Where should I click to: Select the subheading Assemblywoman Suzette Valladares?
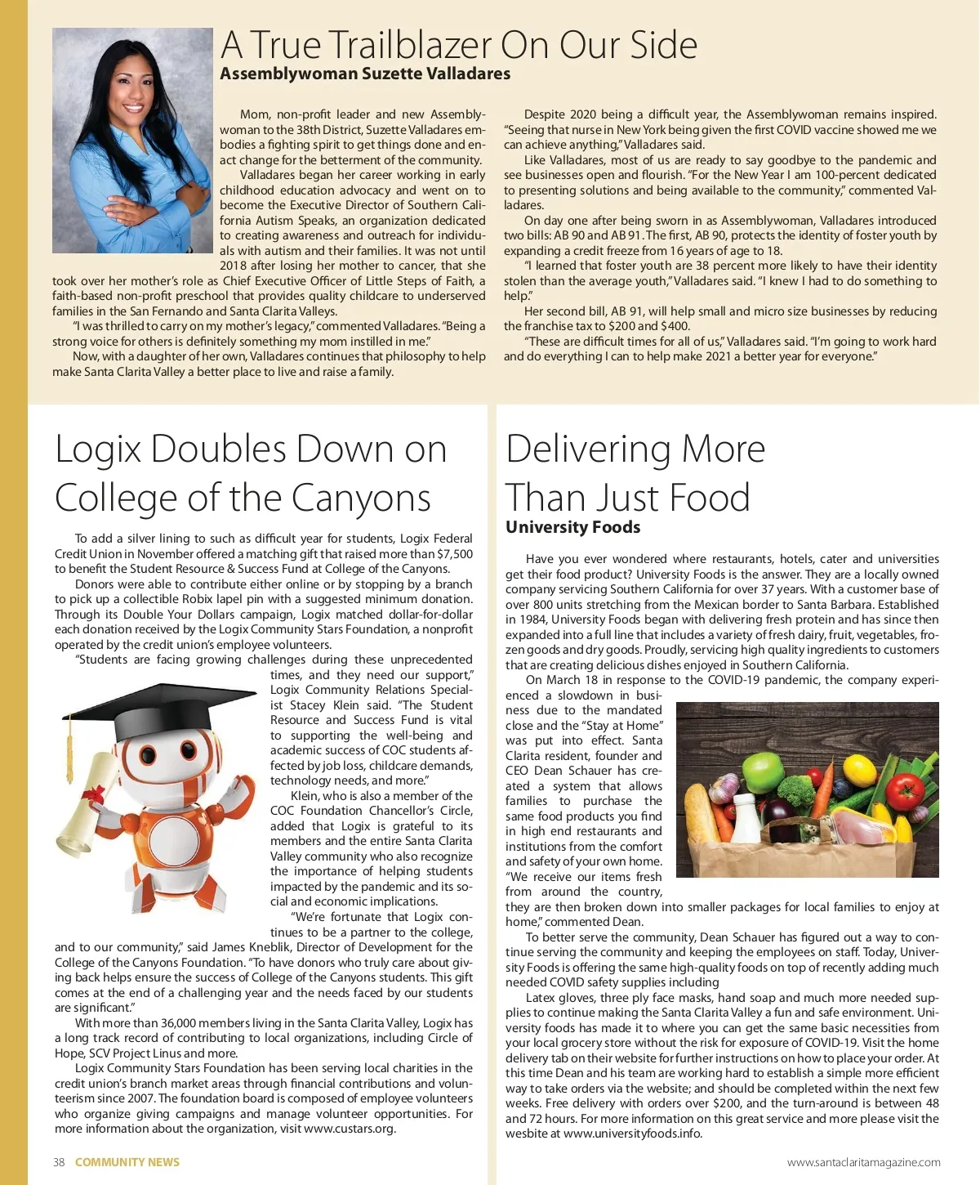(365, 74)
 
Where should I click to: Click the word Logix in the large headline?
(98, 449)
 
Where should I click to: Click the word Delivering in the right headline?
(588, 449)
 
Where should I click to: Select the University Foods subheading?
(572, 527)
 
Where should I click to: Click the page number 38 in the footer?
(59, 1162)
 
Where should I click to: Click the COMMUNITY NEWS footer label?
(127, 1162)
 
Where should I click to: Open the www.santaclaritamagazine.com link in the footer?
(863, 1162)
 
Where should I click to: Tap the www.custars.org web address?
(349, 1129)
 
